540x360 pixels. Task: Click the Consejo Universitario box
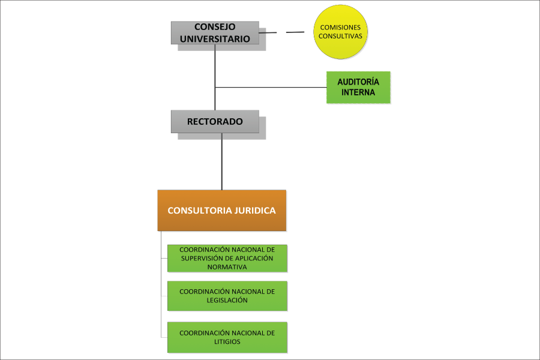click(x=215, y=33)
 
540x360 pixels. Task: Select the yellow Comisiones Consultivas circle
click(x=341, y=32)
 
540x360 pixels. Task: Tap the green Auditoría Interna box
click(x=358, y=88)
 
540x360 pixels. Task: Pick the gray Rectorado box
click(x=215, y=121)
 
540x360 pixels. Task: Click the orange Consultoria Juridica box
click(x=221, y=211)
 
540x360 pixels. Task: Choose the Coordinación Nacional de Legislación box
click(x=227, y=296)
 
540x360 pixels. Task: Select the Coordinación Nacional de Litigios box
click(x=227, y=337)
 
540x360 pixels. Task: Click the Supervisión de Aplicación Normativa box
click(x=227, y=258)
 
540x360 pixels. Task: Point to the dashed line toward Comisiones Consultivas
click(x=295, y=32)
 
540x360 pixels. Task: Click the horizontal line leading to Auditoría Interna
click(x=270, y=88)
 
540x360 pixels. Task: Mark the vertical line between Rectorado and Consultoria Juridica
click(x=222, y=162)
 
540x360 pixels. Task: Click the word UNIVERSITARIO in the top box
click(x=215, y=38)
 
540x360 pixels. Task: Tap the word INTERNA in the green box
click(x=358, y=93)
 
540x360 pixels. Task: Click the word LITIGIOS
click(x=227, y=341)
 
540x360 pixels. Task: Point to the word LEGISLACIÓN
click(x=227, y=300)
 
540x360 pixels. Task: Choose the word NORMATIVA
click(x=227, y=267)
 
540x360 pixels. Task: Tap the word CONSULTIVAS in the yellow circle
click(x=341, y=36)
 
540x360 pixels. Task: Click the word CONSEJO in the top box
click(x=215, y=27)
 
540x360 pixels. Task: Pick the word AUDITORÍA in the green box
click(x=358, y=82)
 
